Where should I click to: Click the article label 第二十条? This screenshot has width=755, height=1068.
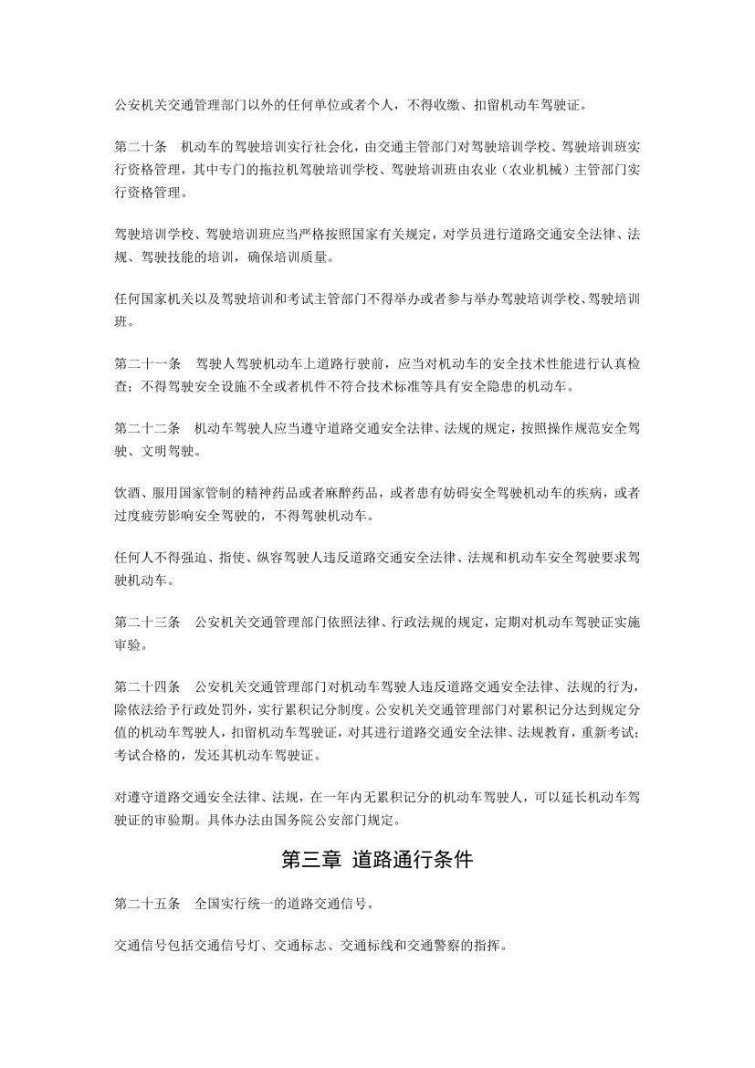coord(141,145)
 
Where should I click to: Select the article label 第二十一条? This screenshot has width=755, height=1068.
coord(147,363)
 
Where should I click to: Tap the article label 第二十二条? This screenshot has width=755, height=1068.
coord(147,428)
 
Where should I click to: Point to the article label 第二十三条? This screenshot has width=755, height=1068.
coord(147,622)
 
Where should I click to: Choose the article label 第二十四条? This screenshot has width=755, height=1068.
coord(147,686)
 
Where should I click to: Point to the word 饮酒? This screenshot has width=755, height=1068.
coord(127,493)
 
